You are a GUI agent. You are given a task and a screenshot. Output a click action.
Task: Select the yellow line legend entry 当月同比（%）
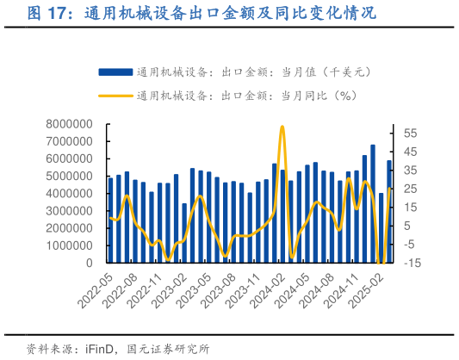(227, 96)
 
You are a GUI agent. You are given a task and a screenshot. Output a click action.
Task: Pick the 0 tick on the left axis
(89, 264)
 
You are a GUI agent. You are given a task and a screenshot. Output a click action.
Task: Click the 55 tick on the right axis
(410, 133)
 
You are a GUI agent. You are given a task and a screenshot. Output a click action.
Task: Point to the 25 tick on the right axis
(410, 189)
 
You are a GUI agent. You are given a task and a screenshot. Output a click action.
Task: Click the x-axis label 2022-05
(96, 291)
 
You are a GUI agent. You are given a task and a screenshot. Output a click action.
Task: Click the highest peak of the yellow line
(282, 127)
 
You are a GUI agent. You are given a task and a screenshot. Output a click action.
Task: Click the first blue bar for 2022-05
(110, 220)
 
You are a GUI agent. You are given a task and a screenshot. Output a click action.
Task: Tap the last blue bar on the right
(389, 212)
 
